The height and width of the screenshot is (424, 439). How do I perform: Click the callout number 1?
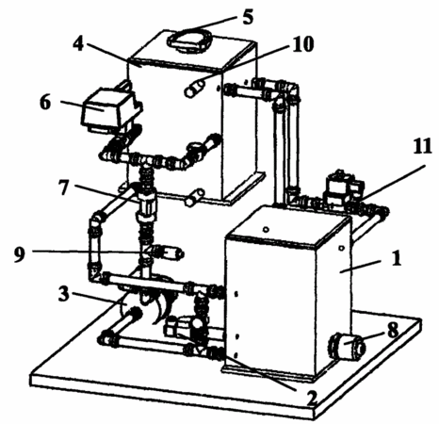pos(397,259)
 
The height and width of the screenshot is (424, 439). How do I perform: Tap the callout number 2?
pos(311,398)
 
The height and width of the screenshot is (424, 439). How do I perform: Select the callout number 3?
pos(64,294)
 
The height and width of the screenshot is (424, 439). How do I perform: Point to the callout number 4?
pos(78,43)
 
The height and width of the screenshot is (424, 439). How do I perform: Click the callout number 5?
pos(248,17)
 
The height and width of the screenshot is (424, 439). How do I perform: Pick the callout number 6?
pos(45,102)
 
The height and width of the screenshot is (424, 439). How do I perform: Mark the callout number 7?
pos(64,188)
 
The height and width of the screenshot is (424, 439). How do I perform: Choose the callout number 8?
pos(393,330)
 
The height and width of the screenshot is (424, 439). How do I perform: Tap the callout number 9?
pos(20,254)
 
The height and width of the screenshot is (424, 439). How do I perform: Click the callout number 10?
pos(302,44)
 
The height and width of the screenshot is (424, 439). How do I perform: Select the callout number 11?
pos(422,146)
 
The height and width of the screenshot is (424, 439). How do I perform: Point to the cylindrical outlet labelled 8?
pos(348,347)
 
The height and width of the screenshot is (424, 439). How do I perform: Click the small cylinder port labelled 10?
pos(194,89)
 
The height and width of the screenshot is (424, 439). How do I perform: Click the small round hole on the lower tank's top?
pos(266,230)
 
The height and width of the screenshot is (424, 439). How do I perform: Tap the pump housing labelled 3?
pos(148,299)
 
